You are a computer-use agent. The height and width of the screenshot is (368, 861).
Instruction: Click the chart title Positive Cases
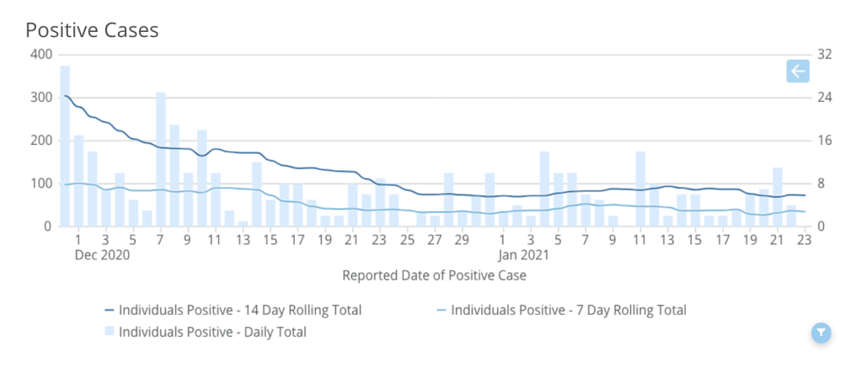92,29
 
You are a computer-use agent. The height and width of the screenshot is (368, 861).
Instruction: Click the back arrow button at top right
797,72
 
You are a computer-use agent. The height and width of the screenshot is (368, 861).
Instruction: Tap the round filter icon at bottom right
821,333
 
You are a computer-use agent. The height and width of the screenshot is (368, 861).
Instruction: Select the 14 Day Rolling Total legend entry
233,310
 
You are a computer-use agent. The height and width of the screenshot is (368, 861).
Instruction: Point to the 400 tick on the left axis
41,55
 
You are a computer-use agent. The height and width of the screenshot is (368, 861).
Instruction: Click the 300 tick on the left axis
41,98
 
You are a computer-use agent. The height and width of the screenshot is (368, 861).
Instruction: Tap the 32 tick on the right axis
824,55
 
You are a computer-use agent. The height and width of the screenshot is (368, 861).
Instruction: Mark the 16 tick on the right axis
824,141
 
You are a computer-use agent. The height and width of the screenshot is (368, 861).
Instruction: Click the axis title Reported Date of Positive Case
435,275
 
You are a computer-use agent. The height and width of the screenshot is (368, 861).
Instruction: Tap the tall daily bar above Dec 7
161,160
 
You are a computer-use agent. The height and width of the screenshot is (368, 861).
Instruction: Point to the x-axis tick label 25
407,239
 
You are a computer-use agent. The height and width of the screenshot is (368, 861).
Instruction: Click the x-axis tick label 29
462,239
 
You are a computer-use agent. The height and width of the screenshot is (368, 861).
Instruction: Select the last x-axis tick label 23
805,239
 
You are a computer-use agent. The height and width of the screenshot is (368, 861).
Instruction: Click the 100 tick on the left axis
41,184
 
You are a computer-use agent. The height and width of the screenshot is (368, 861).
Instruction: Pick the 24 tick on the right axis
824,98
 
